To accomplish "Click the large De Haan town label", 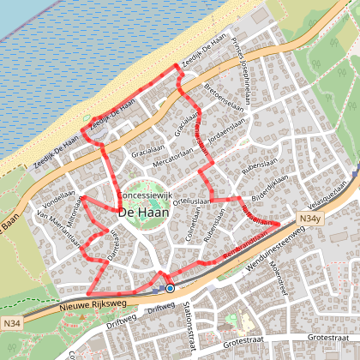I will (x=142, y=212).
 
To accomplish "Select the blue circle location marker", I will (x=170, y=289).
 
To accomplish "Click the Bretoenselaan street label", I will (x=220, y=92).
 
